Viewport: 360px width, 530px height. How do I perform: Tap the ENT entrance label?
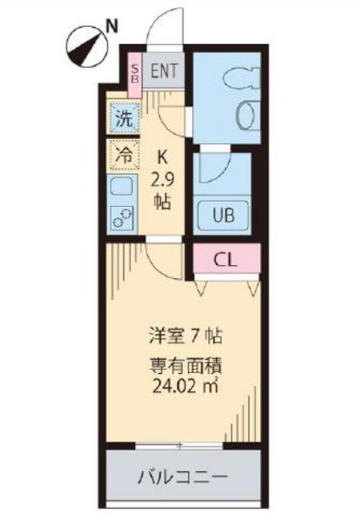(x=164, y=71)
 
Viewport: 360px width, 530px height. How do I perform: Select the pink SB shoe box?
(x=136, y=74)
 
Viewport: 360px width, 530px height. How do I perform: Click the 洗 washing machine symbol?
(x=123, y=117)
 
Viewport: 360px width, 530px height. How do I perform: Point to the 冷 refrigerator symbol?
(x=123, y=154)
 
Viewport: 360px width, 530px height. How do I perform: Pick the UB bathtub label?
(x=223, y=217)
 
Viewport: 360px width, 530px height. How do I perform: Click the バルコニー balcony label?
(x=182, y=475)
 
